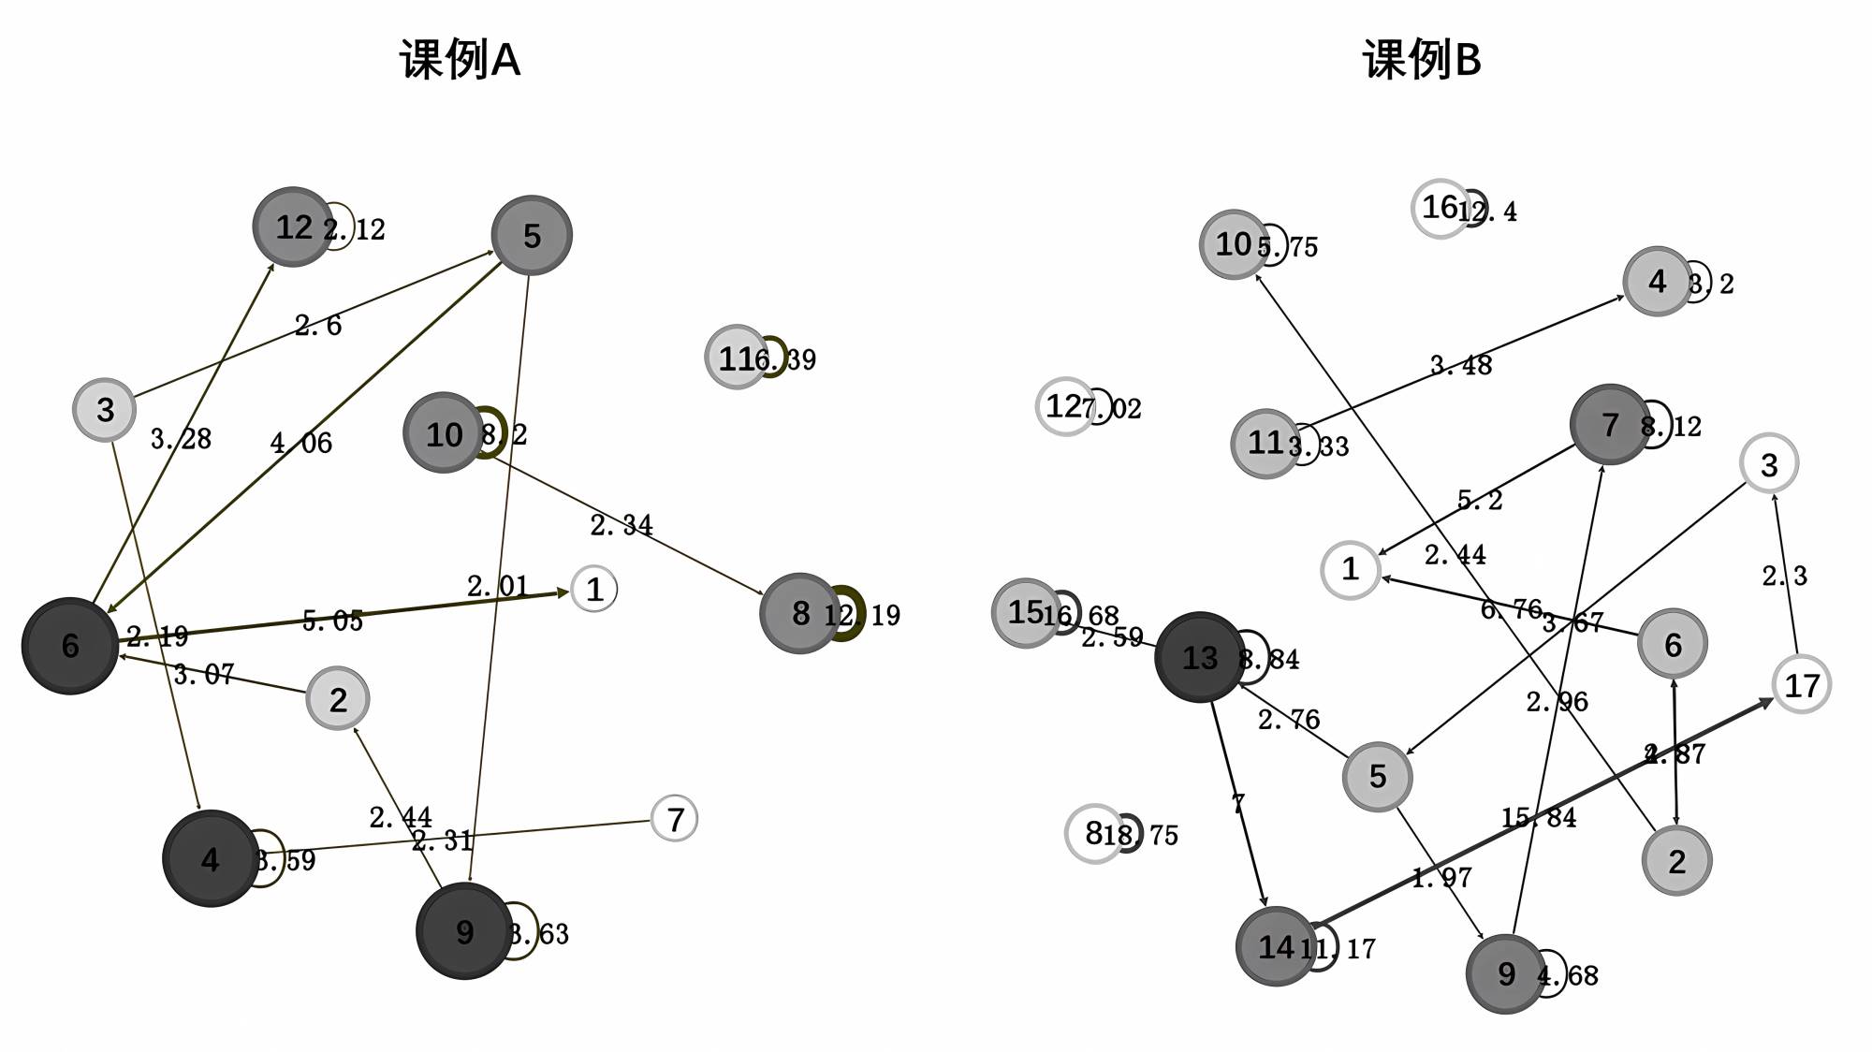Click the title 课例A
coord(460,60)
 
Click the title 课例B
coord(1422,60)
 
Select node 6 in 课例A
coord(70,646)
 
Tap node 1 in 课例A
coord(593,590)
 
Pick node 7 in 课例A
coord(674,819)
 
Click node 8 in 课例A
coord(799,613)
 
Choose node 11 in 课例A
coord(737,358)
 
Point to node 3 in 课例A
coord(105,409)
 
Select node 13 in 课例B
coord(1200,657)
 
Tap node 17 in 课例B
coord(1801,685)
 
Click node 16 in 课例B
coord(1441,207)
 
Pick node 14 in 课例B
coord(1275,947)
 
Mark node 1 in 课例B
coord(1350,569)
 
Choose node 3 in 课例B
coord(1768,464)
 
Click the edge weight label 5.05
coord(332,621)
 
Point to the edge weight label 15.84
coord(1539,818)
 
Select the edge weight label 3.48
coord(1461,364)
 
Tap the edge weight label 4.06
coord(300,443)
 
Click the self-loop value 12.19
coord(862,615)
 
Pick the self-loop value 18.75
coord(1141,835)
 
